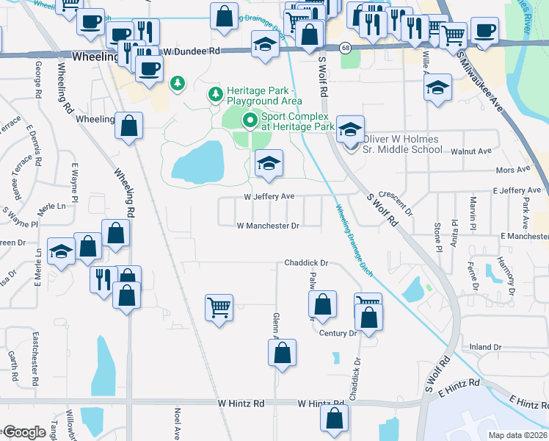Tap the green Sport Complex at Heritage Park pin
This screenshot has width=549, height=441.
(250, 119)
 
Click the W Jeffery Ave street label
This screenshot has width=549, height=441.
(269, 196)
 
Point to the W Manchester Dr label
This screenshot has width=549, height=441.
(268, 226)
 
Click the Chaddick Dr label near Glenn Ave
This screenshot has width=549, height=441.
(305, 262)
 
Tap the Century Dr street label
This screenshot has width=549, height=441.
(338, 333)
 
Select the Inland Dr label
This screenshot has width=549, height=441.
(484, 347)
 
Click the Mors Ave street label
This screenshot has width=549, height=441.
(512, 170)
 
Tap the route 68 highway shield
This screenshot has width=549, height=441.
(344, 48)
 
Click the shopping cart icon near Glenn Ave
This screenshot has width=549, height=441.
(219, 307)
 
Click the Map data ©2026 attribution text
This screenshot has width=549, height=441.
(518, 435)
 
